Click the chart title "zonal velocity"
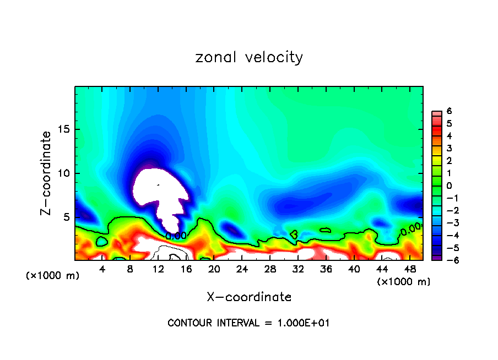pyautogui.click(x=249, y=57)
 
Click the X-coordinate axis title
pyautogui.click(x=249, y=297)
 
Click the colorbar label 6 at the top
pyautogui.click(x=449, y=111)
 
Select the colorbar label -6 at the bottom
pyautogui.click(x=447, y=260)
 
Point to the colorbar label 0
pyautogui.click(x=449, y=186)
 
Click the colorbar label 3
pyautogui.click(x=449, y=148)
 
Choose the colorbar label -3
pyautogui.click(x=447, y=223)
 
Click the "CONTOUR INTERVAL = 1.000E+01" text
pyautogui.click(x=248, y=323)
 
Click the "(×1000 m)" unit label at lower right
pyautogui.click(x=403, y=282)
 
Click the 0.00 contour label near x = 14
pyautogui.click(x=176, y=236)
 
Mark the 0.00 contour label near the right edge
pyautogui.click(x=410, y=231)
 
